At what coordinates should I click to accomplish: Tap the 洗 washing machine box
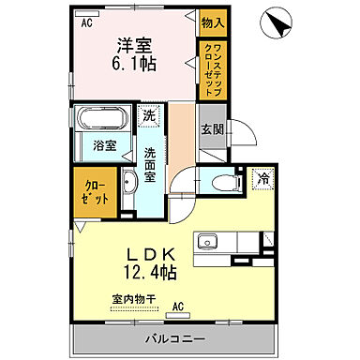point(149,117)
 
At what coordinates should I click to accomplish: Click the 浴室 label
point(103,146)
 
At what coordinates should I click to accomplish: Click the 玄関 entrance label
point(211,131)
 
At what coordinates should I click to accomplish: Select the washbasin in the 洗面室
point(130,184)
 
